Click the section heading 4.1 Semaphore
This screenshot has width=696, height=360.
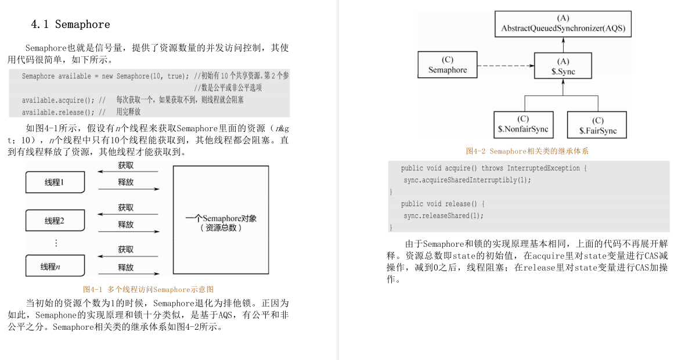tap(70, 24)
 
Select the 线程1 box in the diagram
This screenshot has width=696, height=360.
tap(55, 182)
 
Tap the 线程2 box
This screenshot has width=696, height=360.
tap(55, 221)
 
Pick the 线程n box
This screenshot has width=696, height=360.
tap(55, 267)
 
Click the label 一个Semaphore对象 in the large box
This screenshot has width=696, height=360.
tap(221, 218)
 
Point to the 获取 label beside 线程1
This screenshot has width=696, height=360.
tap(126, 166)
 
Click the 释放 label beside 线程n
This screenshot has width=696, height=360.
tap(126, 268)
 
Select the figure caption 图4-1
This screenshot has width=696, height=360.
tap(149, 289)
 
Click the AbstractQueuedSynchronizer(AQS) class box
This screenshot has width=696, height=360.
tap(563, 24)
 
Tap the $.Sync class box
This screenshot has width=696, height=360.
tap(562, 67)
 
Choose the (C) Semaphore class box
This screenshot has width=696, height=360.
tap(448, 65)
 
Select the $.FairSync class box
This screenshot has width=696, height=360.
tap(598, 125)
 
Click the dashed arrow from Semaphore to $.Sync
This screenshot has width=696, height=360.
tap(505, 66)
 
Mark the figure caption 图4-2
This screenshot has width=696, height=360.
tap(527, 152)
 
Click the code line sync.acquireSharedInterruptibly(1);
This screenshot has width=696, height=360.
tap(468, 180)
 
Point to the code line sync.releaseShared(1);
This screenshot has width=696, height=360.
tap(443, 216)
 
